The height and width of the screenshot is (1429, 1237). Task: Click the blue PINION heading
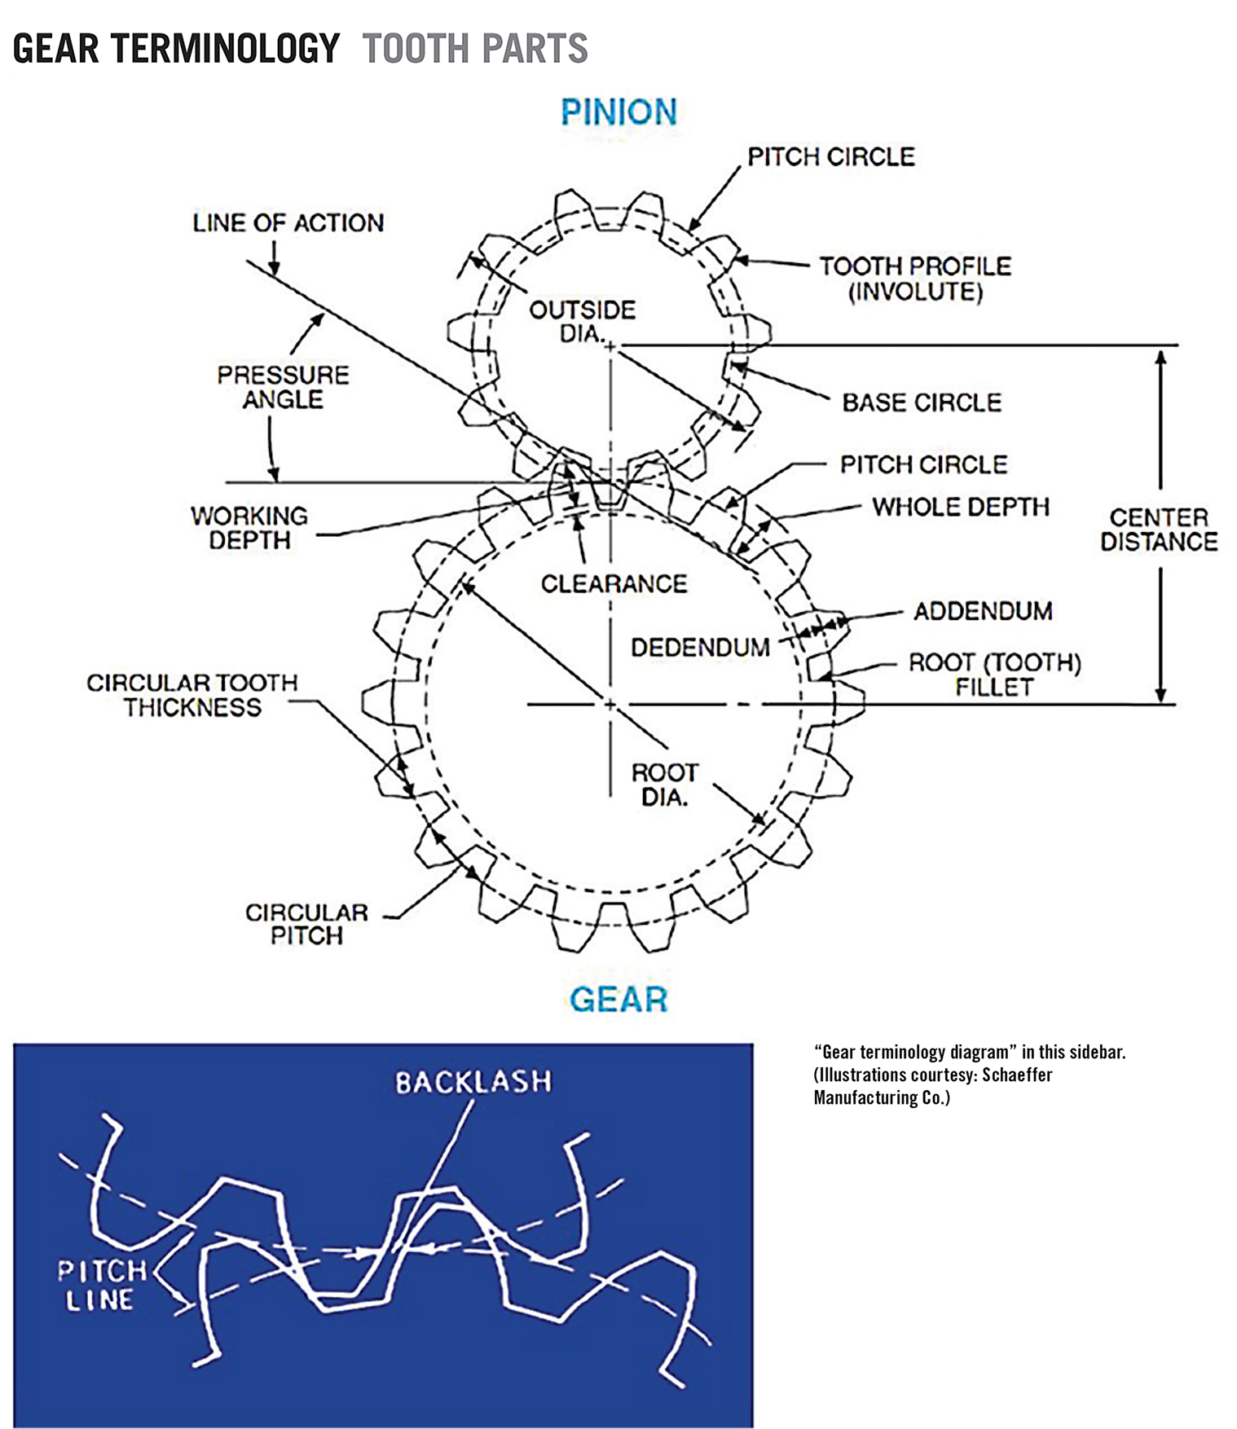click(618, 112)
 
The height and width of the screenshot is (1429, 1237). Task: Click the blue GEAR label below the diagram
click(618, 999)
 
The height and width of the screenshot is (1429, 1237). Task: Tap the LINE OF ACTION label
click(288, 223)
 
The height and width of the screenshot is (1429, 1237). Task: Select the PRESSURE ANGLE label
click(283, 387)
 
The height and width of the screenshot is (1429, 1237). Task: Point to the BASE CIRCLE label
click(922, 402)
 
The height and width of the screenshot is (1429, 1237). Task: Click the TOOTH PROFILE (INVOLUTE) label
click(915, 279)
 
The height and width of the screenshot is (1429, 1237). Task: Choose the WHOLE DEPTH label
click(961, 507)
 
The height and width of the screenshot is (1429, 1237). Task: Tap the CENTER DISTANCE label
click(1159, 530)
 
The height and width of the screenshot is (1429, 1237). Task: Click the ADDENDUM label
click(983, 611)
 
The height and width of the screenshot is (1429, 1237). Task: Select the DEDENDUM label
click(700, 648)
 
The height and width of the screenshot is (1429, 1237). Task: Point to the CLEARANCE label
click(614, 583)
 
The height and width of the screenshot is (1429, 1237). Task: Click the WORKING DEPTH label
click(249, 528)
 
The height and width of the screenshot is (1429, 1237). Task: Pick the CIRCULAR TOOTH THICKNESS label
click(192, 695)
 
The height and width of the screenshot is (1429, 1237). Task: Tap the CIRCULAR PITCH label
click(306, 924)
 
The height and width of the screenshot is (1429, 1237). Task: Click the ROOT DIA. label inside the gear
click(665, 785)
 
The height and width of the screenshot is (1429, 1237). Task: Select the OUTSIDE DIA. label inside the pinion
click(582, 322)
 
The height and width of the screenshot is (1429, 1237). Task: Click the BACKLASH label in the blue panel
click(473, 1082)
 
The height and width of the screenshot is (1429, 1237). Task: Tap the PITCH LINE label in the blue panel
click(102, 1285)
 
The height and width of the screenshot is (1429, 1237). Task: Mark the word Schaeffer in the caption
click(1017, 1075)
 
